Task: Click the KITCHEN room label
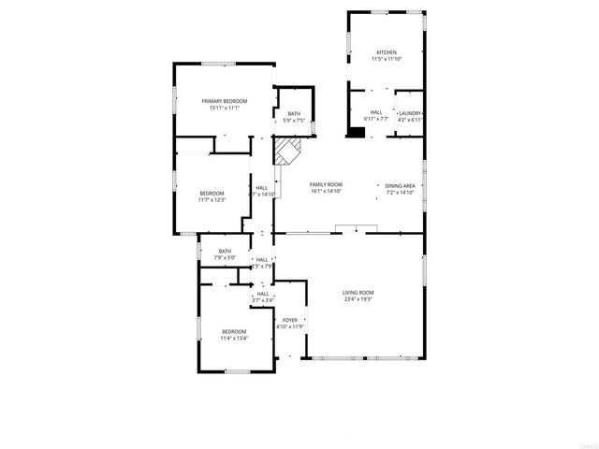click(387, 52)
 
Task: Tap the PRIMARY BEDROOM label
click(225, 101)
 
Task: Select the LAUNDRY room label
click(410, 113)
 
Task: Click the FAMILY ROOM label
click(327, 185)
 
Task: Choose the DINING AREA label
click(401, 186)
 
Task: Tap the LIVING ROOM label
click(358, 293)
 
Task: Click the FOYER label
click(290, 320)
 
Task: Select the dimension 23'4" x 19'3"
click(358, 300)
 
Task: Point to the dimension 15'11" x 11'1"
click(225, 109)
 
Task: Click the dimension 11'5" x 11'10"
click(387, 60)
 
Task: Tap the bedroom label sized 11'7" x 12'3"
click(212, 194)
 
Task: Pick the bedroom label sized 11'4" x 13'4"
click(234, 332)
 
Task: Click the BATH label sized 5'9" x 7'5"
click(293, 114)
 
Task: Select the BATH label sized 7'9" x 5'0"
click(225, 251)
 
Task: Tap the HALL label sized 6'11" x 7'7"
click(374, 113)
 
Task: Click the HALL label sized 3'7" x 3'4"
click(263, 294)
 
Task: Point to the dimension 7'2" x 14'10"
click(401, 194)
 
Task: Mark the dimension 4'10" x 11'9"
click(290, 327)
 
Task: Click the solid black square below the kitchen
click(355, 133)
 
